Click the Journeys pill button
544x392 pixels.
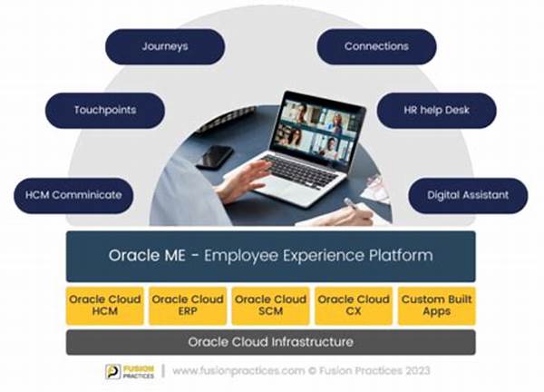click(x=165, y=46)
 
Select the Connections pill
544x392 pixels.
click(x=376, y=46)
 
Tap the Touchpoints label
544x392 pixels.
click(x=105, y=111)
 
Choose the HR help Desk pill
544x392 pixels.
click(x=436, y=111)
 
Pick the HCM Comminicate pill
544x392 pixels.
click(x=73, y=195)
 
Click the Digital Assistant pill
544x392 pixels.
click(x=468, y=195)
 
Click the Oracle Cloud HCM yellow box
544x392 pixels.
click(x=105, y=306)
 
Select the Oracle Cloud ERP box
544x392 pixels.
click(x=188, y=306)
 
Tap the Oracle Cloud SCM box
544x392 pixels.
click(x=270, y=306)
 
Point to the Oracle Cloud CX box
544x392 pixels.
click(x=354, y=306)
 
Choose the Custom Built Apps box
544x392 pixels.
click(x=436, y=306)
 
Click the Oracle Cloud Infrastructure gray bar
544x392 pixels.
click(x=270, y=342)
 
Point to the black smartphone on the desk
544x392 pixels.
click(x=214, y=157)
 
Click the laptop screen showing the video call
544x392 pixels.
click(x=318, y=129)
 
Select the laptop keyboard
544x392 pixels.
click(x=299, y=172)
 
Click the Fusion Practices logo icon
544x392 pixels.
click(x=113, y=371)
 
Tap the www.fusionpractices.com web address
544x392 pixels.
click(x=238, y=371)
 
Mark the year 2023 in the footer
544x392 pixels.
click(x=417, y=371)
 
